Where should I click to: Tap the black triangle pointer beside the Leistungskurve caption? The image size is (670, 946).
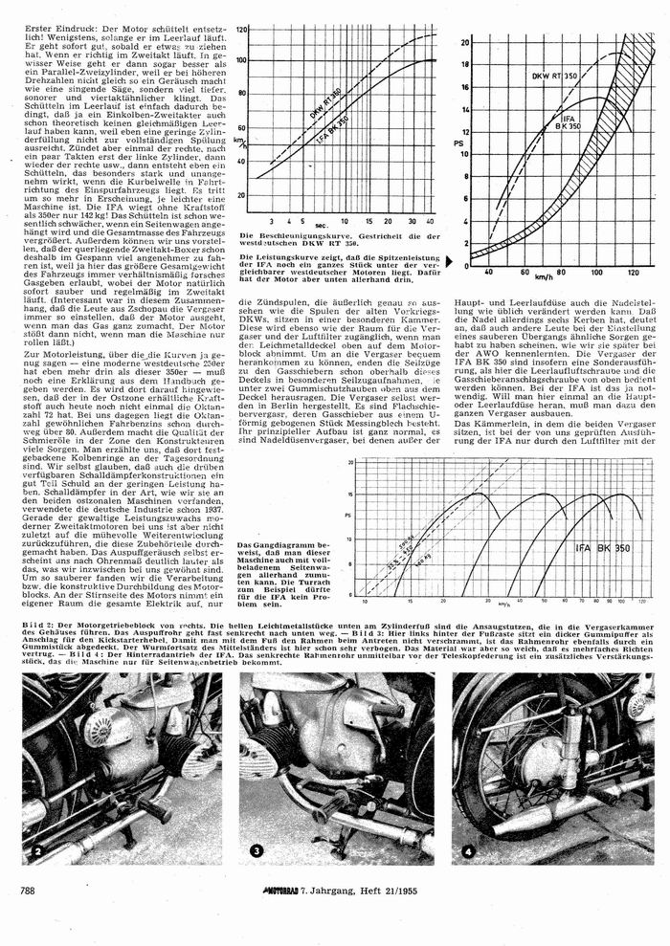click(x=447, y=257)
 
